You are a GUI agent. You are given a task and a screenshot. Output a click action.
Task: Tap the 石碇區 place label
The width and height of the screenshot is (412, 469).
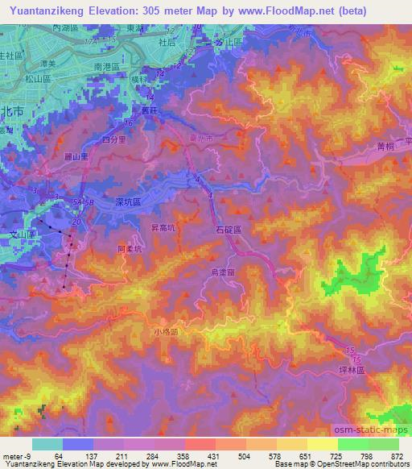[237, 230]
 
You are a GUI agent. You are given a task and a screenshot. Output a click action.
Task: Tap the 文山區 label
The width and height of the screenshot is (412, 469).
[16, 233]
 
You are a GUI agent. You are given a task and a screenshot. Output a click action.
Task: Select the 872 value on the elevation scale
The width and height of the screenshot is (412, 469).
[396, 455]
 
